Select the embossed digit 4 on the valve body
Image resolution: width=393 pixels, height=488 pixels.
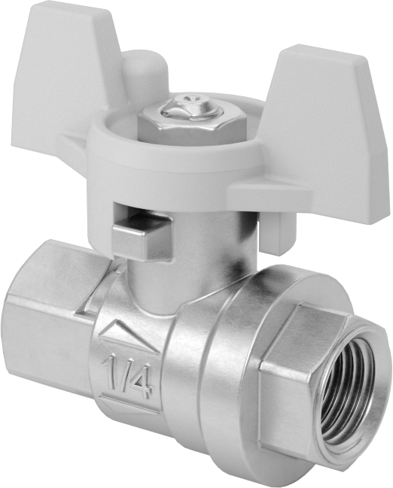141,381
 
